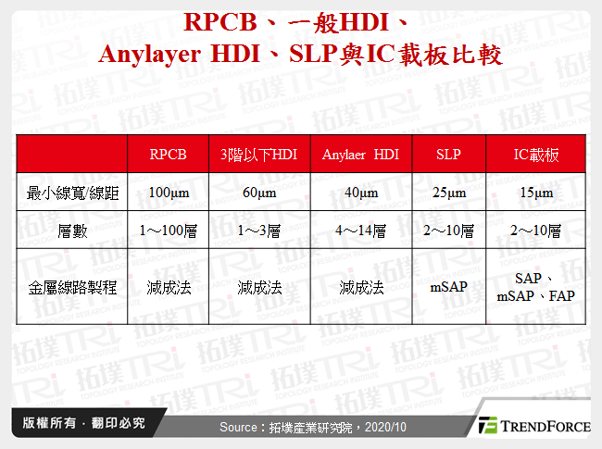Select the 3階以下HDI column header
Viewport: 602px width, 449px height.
(x=260, y=155)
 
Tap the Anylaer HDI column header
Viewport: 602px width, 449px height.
(x=360, y=155)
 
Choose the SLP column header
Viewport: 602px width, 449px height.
(x=448, y=155)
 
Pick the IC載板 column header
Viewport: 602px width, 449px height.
(x=536, y=155)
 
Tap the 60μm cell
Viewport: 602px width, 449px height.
(x=260, y=193)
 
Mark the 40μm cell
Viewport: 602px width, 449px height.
(x=360, y=193)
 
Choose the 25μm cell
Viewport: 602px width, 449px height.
(x=448, y=193)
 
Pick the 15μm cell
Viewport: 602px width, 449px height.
(x=536, y=193)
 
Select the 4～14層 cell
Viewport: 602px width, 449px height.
(x=360, y=231)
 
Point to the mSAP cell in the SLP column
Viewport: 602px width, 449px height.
(x=448, y=287)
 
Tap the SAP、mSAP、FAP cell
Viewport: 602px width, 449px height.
(x=536, y=287)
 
